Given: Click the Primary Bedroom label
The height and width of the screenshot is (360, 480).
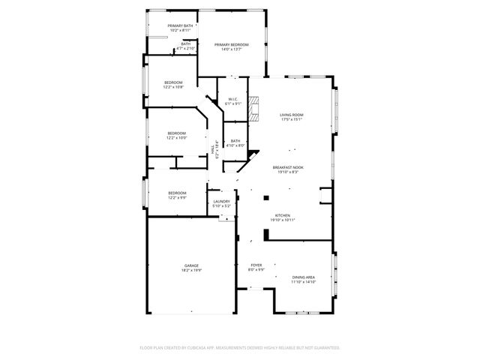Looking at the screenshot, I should (231, 45).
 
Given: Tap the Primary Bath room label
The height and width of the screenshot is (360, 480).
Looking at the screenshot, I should (181, 26).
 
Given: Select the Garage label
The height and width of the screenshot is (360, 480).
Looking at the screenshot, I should (192, 265).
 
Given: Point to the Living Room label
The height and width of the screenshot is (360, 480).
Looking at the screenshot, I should (291, 115).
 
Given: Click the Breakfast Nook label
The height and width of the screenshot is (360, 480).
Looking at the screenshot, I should (288, 167).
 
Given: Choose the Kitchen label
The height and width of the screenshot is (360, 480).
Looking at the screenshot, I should (282, 215).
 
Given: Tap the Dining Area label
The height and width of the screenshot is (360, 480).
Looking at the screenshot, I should (304, 277).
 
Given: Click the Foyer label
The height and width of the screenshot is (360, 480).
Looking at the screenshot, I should (256, 265).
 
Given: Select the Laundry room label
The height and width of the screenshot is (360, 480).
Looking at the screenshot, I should (221, 201).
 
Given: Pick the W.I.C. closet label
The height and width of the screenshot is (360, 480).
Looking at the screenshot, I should (233, 99).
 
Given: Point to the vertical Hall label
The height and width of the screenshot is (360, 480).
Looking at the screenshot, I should (213, 149).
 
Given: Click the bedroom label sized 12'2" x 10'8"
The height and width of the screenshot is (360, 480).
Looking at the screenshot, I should (173, 82).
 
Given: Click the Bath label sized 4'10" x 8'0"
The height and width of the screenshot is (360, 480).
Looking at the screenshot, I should (235, 141).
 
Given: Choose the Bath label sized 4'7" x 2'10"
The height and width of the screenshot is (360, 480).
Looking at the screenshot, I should (186, 43).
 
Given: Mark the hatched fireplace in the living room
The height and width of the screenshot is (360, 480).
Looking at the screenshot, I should (253, 109).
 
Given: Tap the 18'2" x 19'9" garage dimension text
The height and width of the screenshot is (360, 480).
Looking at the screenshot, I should (192, 270).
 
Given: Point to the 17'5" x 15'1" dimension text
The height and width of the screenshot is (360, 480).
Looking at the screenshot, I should (291, 119).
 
